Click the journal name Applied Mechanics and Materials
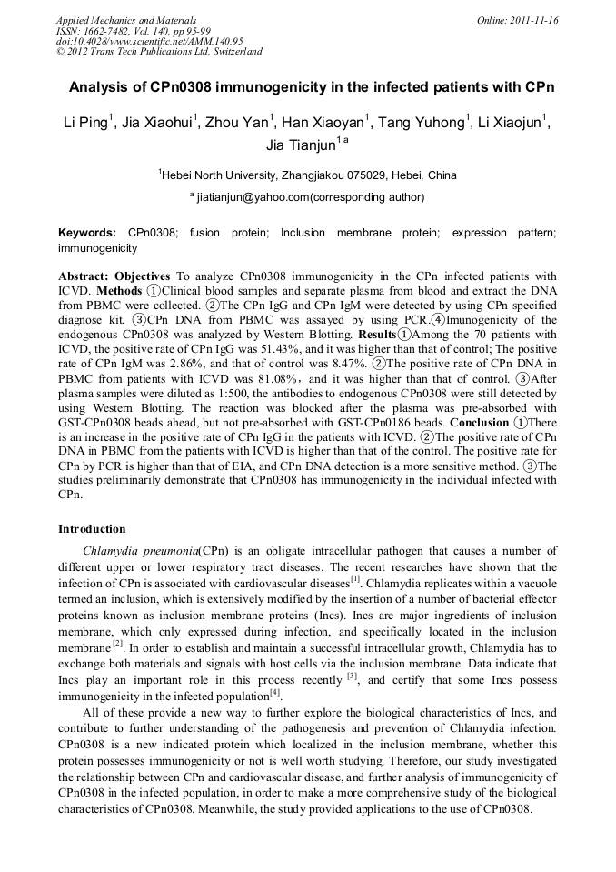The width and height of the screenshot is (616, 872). click(x=126, y=19)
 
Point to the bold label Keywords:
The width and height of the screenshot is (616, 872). click(x=87, y=234)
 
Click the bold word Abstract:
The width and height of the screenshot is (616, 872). click(x=84, y=276)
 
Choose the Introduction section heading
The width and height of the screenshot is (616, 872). click(x=92, y=528)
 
